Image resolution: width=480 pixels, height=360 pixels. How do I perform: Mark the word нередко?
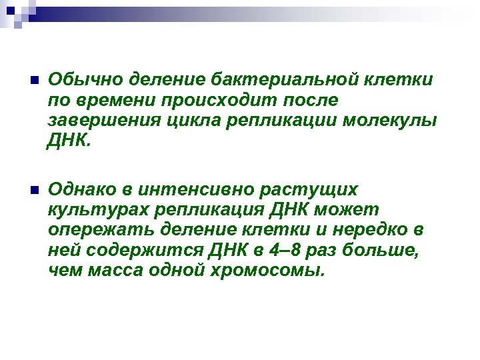click(377, 231)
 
